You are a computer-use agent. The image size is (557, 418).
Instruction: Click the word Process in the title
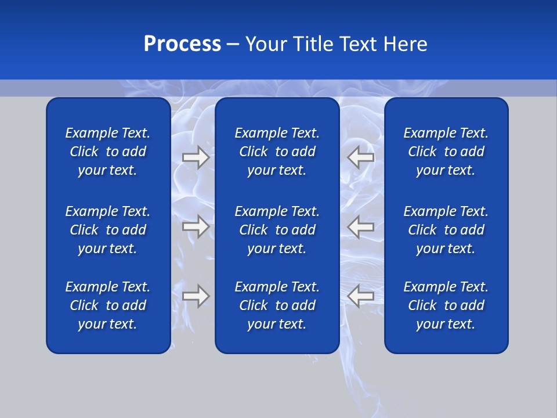[182, 44]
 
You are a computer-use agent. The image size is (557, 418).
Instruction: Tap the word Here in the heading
[405, 44]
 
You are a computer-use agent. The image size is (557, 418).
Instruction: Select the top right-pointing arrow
[196, 157]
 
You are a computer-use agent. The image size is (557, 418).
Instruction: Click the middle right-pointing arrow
[196, 226]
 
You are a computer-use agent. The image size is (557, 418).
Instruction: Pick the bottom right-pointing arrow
[196, 296]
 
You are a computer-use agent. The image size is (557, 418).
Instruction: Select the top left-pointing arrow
[361, 157]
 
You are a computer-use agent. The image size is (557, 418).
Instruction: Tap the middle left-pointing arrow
[361, 226]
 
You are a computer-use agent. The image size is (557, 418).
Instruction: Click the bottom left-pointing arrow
[361, 296]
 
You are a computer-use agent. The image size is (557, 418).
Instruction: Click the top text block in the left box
[108, 152]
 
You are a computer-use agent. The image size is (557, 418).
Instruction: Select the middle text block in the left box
[108, 230]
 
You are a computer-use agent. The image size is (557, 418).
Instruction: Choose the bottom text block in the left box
[108, 305]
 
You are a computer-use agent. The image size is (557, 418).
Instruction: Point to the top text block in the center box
[277, 152]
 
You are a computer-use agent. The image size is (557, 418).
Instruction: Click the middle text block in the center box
[277, 230]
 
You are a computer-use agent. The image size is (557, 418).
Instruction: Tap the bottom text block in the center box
[277, 305]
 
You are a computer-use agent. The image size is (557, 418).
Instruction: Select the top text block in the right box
[446, 152]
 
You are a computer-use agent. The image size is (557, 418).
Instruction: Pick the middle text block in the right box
[446, 230]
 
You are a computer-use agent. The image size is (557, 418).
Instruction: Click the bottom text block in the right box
[446, 305]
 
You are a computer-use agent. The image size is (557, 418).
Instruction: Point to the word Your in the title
[265, 44]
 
